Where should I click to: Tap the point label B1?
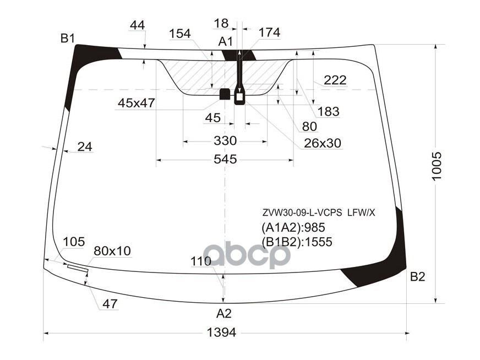point(68,39)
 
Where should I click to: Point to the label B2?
point(418,277)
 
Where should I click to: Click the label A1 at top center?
point(226,41)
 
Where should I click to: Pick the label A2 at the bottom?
point(223,314)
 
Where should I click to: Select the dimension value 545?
point(225,160)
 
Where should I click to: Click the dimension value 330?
point(225,141)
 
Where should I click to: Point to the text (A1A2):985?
point(293,227)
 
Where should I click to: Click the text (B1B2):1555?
point(297,242)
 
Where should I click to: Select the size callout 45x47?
point(136,103)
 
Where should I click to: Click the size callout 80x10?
point(112,251)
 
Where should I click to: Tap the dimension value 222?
point(335,80)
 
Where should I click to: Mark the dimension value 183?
point(328,112)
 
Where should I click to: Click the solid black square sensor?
point(225,94)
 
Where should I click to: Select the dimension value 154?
point(179,34)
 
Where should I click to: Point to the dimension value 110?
point(201,261)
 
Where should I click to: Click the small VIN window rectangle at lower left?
point(77,268)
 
